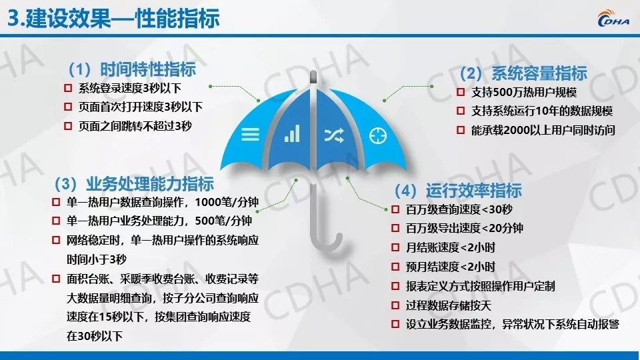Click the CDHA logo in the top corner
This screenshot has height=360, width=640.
pyautogui.click(x=613, y=19)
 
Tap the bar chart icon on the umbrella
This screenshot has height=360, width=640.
pyautogui.click(x=292, y=133)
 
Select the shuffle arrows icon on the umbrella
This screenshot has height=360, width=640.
pyautogui.click(x=334, y=135)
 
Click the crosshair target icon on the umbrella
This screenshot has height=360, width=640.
pyautogui.click(x=377, y=135)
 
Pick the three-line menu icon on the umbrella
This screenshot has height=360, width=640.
pyautogui.click(x=250, y=134)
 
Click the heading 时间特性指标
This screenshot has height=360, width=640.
pyautogui.click(x=148, y=69)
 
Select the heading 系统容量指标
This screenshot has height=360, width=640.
pyautogui.click(x=539, y=73)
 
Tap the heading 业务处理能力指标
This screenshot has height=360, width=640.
pyautogui.click(x=150, y=184)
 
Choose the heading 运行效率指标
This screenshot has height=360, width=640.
pyautogui.click(x=474, y=191)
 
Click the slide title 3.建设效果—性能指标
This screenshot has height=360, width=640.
pyautogui.click(x=113, y=19)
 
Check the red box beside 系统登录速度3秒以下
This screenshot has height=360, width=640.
pyautogui.click(x=68, y=88)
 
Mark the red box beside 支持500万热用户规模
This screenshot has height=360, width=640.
pyautogui.click(x=461, y=92)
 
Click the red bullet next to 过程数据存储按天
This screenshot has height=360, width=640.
pyautogui.click(x=395, y=305)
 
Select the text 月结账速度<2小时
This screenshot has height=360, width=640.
pyautogui.click(x=450, y=247)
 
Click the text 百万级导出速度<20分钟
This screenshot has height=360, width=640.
pyautogui.click(x=465, y=228)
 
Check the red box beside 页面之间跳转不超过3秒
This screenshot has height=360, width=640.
pyautogui.click(x=68, y=126)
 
